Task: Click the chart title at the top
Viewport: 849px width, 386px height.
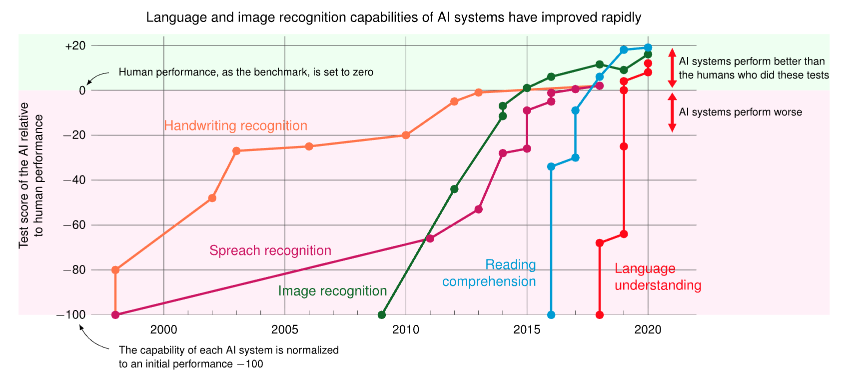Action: tap(393, 18)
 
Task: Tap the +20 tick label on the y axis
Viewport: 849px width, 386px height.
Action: tap(75, 46)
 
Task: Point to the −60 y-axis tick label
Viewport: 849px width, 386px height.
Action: tap(74, 225)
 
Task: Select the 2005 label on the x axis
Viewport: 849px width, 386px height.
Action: tap(284, 330)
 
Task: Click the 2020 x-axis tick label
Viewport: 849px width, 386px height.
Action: tap(648, 330)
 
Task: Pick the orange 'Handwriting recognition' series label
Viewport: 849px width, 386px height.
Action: tap(235, 126)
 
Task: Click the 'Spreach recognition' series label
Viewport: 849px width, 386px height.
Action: tap(270, 250)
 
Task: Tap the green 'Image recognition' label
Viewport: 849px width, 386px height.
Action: tap(332, 291)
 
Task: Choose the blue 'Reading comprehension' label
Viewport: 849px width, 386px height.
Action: tap(490, 273)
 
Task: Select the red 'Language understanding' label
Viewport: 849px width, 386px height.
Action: tap(657, 277)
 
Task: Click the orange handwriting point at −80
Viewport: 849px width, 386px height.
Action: tap(115, 270)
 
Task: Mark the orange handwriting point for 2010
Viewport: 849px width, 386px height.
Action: tap(406, 135)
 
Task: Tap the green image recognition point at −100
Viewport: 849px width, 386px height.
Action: tap(382, 315)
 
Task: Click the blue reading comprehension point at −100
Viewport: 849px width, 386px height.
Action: tap(551, 315)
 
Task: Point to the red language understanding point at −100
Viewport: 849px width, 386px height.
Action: tap(600, 315)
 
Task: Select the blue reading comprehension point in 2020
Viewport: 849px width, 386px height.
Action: tap(648, 47)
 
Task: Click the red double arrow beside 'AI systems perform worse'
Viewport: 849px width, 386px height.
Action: tap(672, 112)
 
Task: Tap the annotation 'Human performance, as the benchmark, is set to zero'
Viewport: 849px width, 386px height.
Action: tap(246, 72)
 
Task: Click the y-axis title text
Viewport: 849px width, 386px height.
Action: tap(31, 175)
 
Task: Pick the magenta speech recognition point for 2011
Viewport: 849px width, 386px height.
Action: tap(430, 238)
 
